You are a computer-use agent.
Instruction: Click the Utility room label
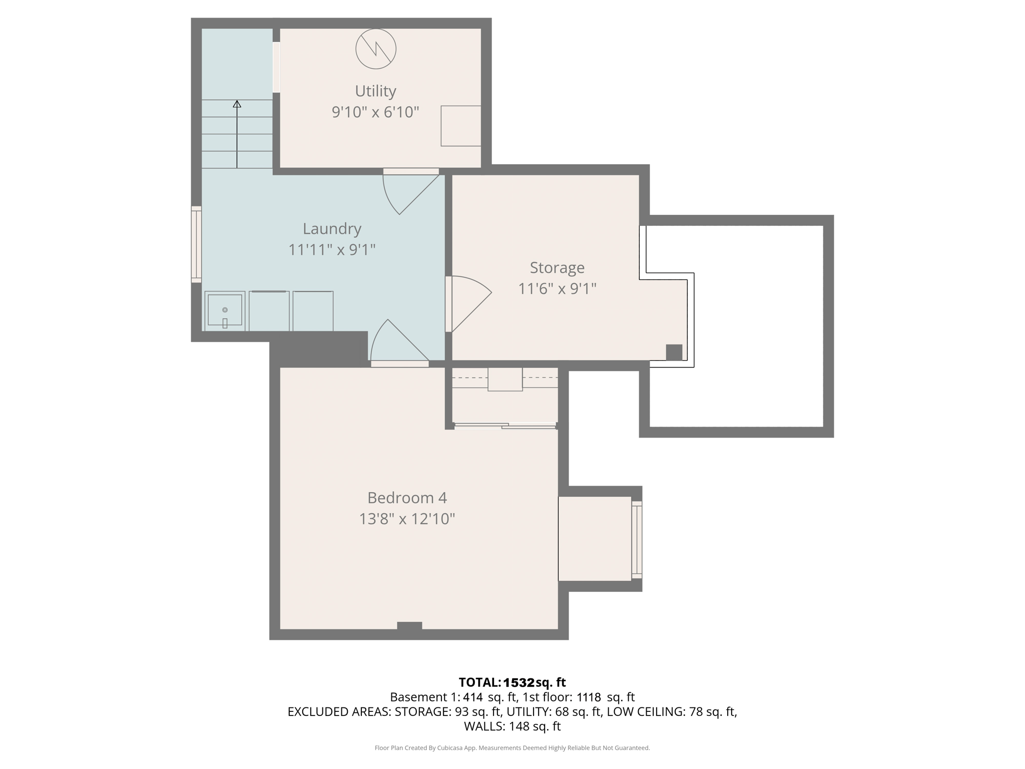pyautogui.click(x=375, y=91)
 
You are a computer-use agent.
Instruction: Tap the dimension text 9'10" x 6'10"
pyautogui.click(x=375, y=112)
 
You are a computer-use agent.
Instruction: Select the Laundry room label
pyautogui.click(x=332, y=229)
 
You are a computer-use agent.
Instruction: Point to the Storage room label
pyautogui.click(x=557, y=268)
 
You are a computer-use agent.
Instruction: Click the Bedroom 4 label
pyautogui.click(x=407, y=498)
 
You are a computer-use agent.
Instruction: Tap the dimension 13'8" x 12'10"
pyautogui.click(x=407, y=519)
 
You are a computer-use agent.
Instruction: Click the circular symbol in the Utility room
pyautogui.click(x=376, y=49)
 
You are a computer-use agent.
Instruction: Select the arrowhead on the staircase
pyautogui.click(x=237, y=104)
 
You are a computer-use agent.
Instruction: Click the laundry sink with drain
pyautogui.click(x=225, y=311)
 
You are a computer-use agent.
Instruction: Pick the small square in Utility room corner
pyautogui.click(x=460, y=126)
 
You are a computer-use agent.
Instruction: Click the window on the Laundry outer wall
pyautogui.click(x=196, y=244)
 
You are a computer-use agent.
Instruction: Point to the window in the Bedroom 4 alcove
pyautogui.click(x=637, y=539)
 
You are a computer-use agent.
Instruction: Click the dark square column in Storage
pyautogui.click(x=674, y=352)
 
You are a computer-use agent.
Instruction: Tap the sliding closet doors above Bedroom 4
pyautogui.click(x=504, y=426)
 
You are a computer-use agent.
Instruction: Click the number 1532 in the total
pyautogui.click(x=519, y=682)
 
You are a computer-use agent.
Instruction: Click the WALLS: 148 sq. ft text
pyautogui.click(x=512, y=726)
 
